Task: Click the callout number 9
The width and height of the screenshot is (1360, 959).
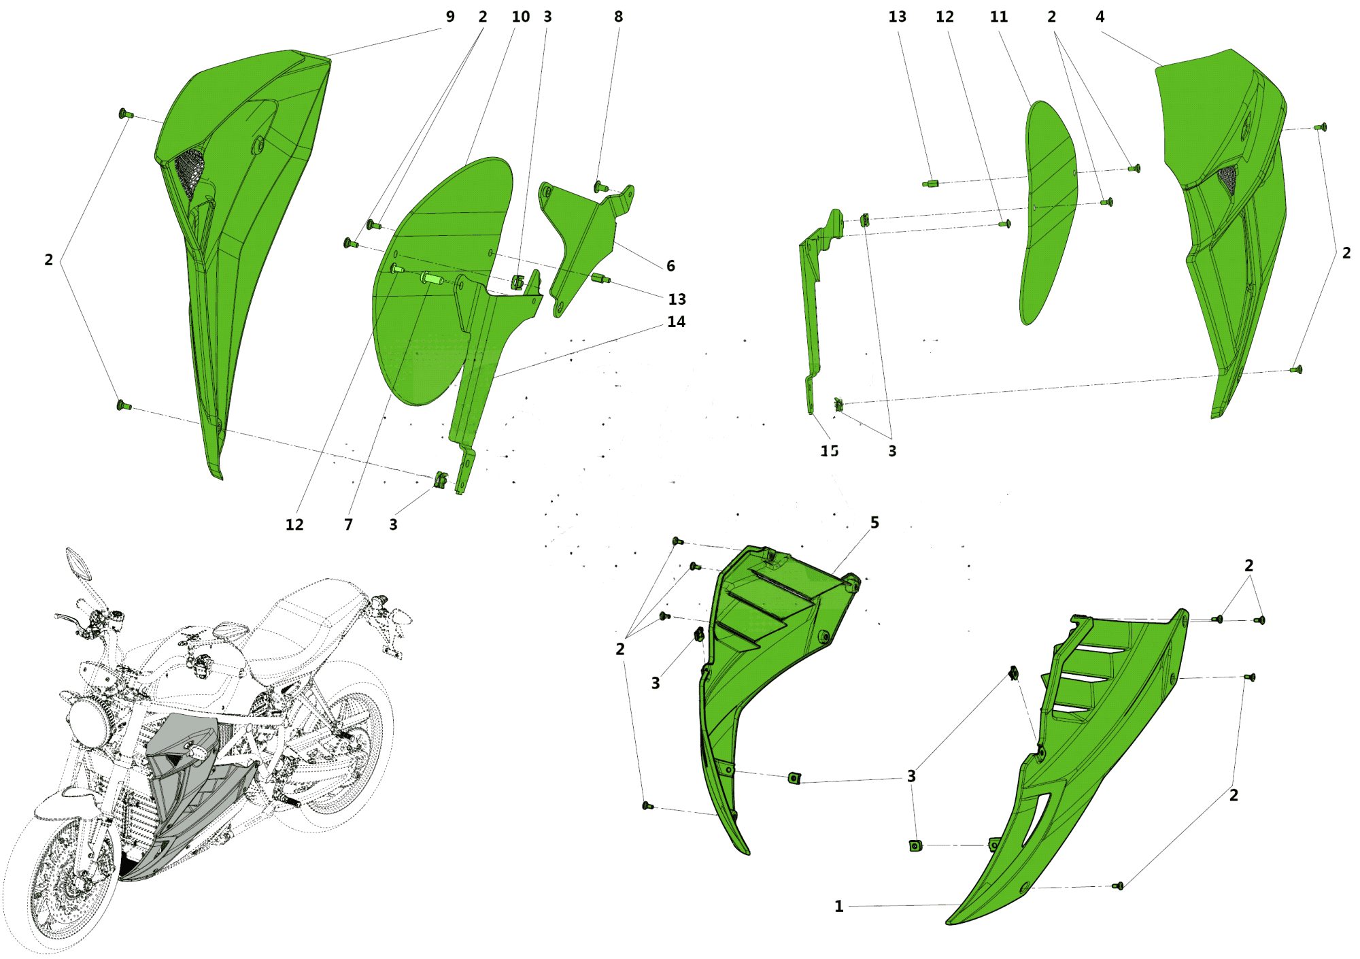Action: point(450,17)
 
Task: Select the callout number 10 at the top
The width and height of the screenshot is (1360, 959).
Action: point(521,17)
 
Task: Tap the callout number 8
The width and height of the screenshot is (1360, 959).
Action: point(618,17)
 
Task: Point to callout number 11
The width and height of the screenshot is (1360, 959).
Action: point(998,17)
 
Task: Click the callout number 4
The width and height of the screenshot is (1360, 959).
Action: point(1100,17)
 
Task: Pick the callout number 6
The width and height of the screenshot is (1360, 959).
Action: point(670,266)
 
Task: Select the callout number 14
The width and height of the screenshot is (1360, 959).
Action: point(676,322)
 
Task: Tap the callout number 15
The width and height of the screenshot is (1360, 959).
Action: point(829,451)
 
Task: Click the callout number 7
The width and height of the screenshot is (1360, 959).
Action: point(348,524)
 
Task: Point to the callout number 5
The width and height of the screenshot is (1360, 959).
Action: point(874,522)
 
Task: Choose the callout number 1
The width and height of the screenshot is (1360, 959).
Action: point(839,906)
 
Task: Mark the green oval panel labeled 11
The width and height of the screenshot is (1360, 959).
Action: point(1047,211)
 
